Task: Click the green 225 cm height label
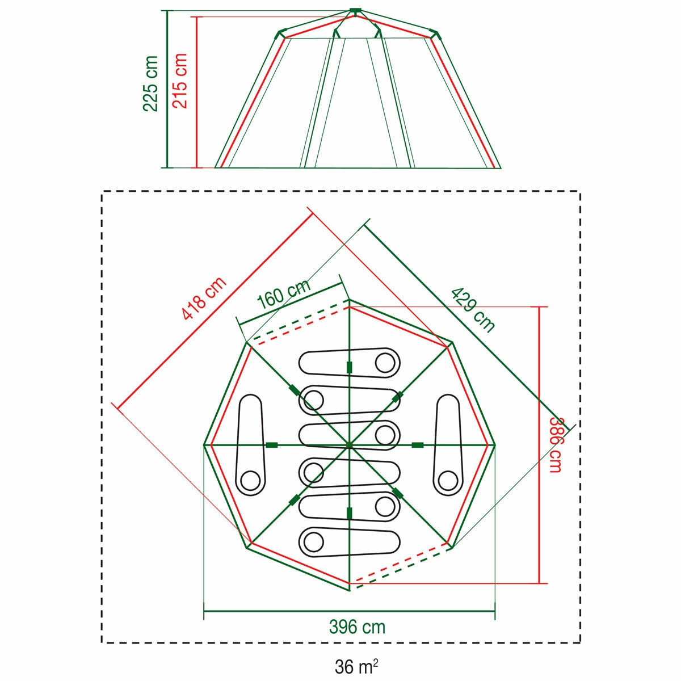pos(151,83)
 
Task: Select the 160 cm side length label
pos(283,295)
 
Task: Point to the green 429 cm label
pos(473,309)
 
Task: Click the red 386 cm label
pos(556,444)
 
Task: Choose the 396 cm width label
pos(357,627)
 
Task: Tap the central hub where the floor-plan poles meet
pos(349,445)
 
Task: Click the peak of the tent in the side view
pos(355,11)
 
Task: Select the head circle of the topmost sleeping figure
pos(385,361)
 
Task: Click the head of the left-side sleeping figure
pos(250,481)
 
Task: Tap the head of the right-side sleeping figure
pos(447,481)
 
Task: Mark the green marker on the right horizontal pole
pos(419,445)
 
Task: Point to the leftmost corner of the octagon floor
pos(204,445)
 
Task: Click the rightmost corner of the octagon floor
pos(495,445)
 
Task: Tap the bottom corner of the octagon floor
pos(349,590)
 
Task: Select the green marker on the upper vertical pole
pos(349,367)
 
